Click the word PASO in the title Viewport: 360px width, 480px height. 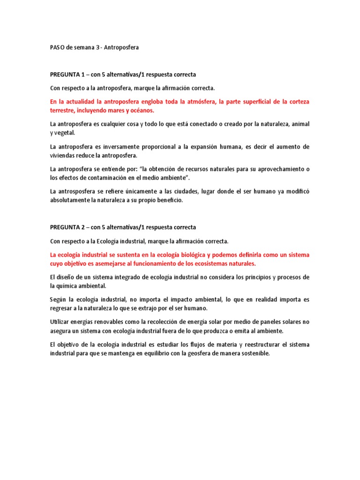58,47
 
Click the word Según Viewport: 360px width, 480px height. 58,299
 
